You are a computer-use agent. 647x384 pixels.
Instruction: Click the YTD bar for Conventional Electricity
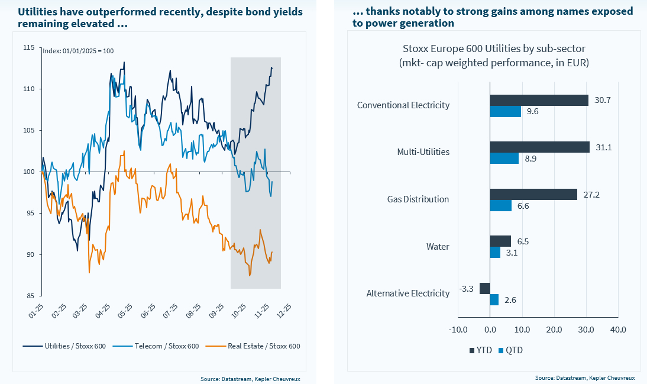tap(539, 100)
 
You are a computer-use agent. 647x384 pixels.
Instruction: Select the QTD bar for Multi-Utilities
tap(504, 158)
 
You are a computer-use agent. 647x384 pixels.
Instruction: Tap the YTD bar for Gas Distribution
tap(533, 194)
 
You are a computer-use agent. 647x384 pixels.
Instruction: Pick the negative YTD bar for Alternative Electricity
tap(484, 288)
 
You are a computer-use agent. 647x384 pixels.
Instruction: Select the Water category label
tap(438, 247)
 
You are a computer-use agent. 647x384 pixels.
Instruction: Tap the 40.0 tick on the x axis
tap(617, 329)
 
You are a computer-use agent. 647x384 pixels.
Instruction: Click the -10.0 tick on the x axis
tap(458, 329)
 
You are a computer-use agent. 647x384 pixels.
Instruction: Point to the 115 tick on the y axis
tap(30, 47)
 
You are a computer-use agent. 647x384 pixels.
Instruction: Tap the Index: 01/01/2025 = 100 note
tap(78, 51)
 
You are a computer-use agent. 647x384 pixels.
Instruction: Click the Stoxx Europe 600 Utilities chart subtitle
tap(494, 55)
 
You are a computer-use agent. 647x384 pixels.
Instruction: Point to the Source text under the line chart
tap(250, 377)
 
